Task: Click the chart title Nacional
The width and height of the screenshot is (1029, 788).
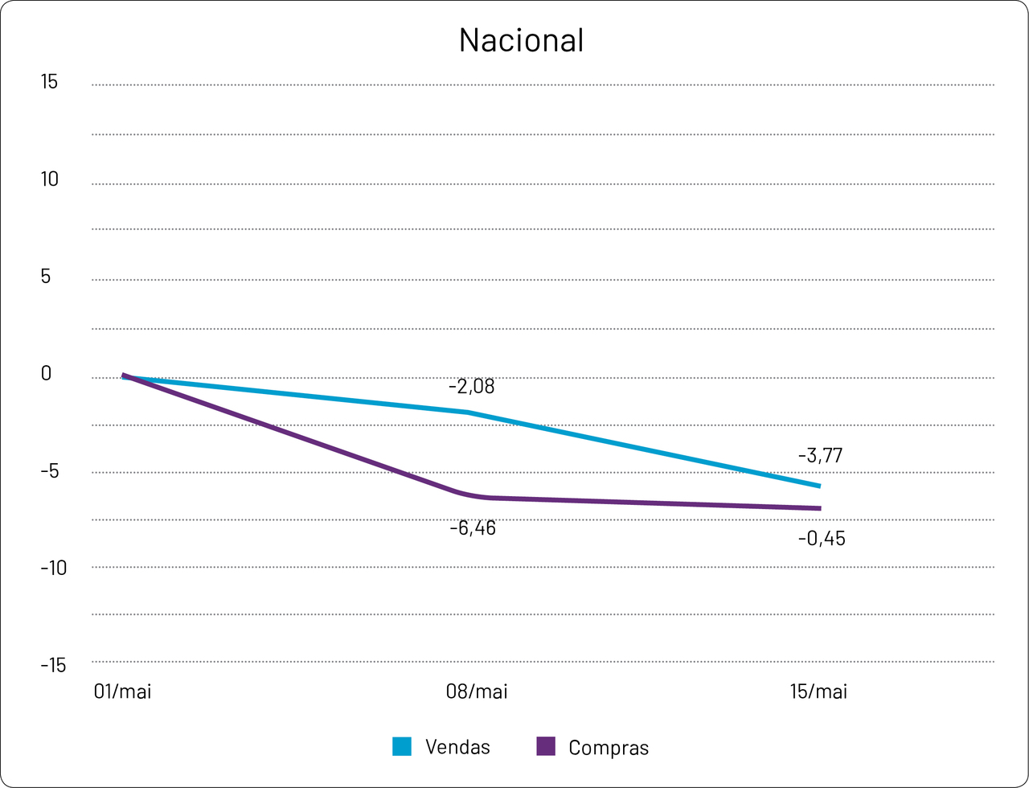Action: (521, 40)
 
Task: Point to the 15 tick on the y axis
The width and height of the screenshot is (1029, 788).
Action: (50, 82)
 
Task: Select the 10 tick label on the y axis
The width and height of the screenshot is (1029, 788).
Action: (50, 180)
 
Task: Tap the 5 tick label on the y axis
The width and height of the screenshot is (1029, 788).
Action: (46, 277)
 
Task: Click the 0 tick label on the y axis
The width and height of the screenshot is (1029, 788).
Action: (46, 374)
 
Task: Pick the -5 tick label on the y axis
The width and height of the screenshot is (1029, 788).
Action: (50, 471)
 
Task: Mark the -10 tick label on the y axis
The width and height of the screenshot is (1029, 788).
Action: (53, 568)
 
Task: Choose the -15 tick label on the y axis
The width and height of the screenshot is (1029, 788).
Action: (53, 666)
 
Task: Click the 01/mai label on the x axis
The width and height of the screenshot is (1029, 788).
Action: (122, 692)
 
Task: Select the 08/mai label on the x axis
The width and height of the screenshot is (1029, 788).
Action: (477, 692)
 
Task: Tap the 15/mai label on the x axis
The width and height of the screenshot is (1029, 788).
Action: (818, 692)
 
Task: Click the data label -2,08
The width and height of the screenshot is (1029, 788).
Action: (471, 388)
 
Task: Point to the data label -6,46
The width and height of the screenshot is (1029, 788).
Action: (472, 529)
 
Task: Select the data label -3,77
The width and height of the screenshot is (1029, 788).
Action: (820, 456)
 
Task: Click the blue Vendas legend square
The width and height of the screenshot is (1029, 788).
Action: (402, 746)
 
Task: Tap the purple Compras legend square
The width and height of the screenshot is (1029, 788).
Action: (546, 746)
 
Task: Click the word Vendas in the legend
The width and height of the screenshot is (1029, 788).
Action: (457, 747)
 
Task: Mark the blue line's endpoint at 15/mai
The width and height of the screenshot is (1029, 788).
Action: (819, 486)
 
